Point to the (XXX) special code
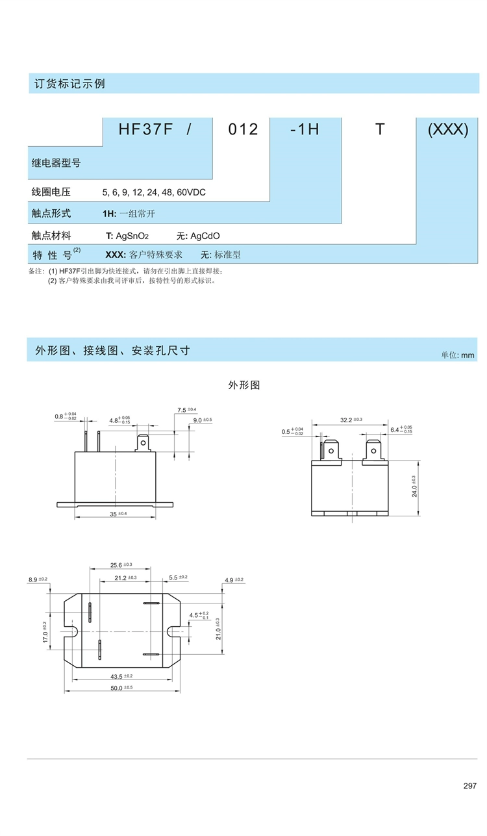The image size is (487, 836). point(448,129)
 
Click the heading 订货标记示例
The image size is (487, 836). point(69,84)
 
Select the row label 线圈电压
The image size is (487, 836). point(51,192)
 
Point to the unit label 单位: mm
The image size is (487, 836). point(458,355)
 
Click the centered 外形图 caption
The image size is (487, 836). point(244,385)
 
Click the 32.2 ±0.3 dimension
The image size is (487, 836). point(351,420)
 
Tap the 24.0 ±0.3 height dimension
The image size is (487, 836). point(414,487)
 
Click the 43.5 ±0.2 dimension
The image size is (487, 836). point(121,676)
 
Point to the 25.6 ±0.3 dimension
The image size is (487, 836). point(121,564)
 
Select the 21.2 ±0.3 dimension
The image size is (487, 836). point(125,577)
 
